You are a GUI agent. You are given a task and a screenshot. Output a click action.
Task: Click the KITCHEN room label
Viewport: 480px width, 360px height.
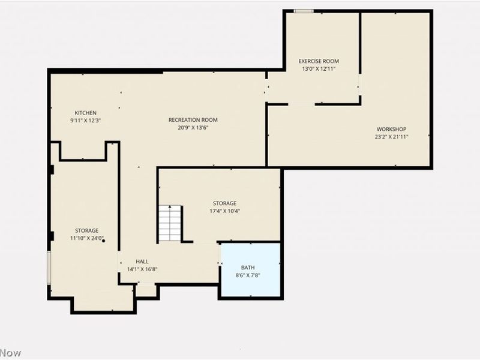click(x=85, y=113)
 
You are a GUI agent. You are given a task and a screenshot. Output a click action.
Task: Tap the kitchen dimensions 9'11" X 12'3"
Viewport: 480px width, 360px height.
click(x=85, y=121)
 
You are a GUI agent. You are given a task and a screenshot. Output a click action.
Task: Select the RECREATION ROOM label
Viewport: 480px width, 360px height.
click(x=193, y=120)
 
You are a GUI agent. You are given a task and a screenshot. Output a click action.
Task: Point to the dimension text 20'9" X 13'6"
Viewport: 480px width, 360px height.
click(x=193, y=127)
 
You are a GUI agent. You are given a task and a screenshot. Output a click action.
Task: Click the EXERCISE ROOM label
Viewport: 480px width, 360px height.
click(x=319, y=61)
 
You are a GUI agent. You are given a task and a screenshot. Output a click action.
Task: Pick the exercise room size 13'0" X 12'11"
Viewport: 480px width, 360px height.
click(x=319, y=69)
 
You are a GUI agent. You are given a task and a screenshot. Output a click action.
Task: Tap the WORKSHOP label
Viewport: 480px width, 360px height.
click(x=391, y=129)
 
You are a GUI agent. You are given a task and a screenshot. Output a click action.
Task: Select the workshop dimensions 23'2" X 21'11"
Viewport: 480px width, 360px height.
click(x=391, y=136)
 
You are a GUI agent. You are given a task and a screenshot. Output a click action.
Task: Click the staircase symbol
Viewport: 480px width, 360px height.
click(x=170, y=223)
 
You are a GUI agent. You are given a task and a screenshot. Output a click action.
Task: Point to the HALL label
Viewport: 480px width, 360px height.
click(x=142, y=262)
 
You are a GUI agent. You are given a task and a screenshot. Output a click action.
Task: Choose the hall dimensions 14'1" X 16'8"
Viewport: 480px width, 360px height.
click(x=142, y=269)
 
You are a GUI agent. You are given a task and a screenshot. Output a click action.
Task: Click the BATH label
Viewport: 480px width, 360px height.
click(x=248, y=268)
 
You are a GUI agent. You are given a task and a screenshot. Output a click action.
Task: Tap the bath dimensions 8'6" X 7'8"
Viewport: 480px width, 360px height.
click(x=248, y=275)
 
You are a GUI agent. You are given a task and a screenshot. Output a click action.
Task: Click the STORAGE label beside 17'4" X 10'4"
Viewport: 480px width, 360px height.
click(x=224, y=203)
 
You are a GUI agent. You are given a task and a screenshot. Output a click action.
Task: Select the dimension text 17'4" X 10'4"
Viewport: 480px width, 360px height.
click(x=224, y=211)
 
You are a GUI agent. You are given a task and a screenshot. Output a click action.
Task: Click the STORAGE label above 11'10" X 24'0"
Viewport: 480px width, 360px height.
click(x=86, y=230)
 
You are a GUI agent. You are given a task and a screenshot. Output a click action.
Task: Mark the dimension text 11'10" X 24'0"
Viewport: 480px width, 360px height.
click(x=86, y=238)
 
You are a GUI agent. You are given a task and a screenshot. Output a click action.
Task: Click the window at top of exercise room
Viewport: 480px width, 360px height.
click(x=304, y=11)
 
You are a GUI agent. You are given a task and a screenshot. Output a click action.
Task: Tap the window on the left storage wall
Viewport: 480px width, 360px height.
click(x=49, y=267)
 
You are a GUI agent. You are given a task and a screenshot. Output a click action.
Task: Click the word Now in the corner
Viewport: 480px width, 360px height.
click(x=10, y=353)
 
